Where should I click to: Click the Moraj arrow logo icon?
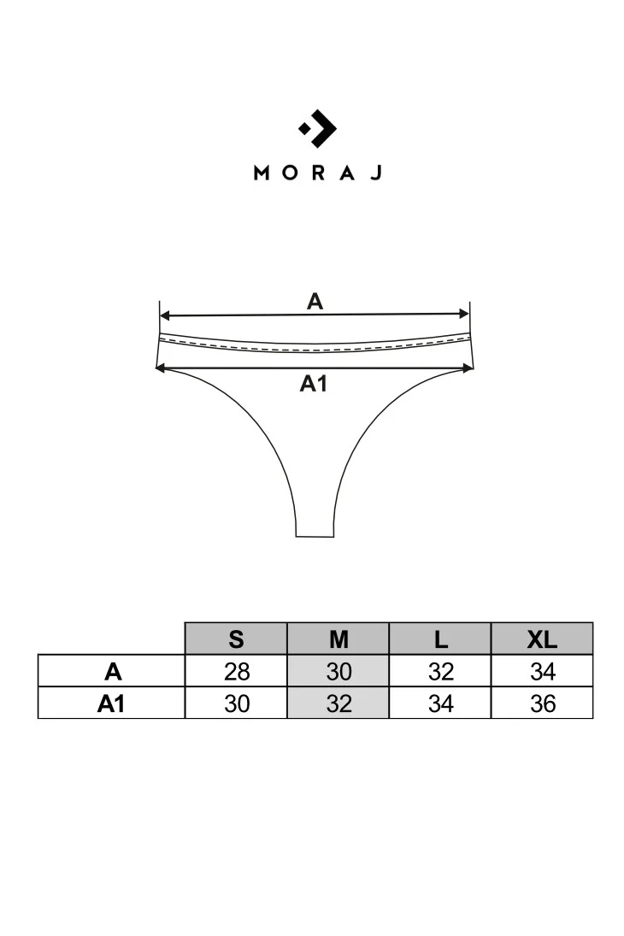click(x=318, y=128)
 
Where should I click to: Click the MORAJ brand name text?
click(x=318, y=174)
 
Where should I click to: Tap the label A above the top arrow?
click(x=315, y=302)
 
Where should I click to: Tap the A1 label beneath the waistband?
click(x=314, y=383)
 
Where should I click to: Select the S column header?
click(x=237, y=639)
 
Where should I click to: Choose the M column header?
click(x=338, y=639)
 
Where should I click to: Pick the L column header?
click(x=441, y=639)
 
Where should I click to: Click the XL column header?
click(x=542, y=639)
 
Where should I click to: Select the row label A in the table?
click(x=113, y=672)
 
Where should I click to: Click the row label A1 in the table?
click(x=111, y=703)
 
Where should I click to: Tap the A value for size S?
click(x=237, y=672)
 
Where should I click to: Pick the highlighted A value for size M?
click(x=338, y=672)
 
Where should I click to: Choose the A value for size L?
click(x=441, y=672)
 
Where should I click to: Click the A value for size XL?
click(x=542, y=672)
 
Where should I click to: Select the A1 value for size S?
click(x=237, y=703)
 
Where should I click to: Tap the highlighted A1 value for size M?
click(x=338, y=703)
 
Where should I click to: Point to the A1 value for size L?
click(x=441, y=703)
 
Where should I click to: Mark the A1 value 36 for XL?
click(x=542, y=703)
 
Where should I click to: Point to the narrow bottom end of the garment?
click(x=315, y=536)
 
